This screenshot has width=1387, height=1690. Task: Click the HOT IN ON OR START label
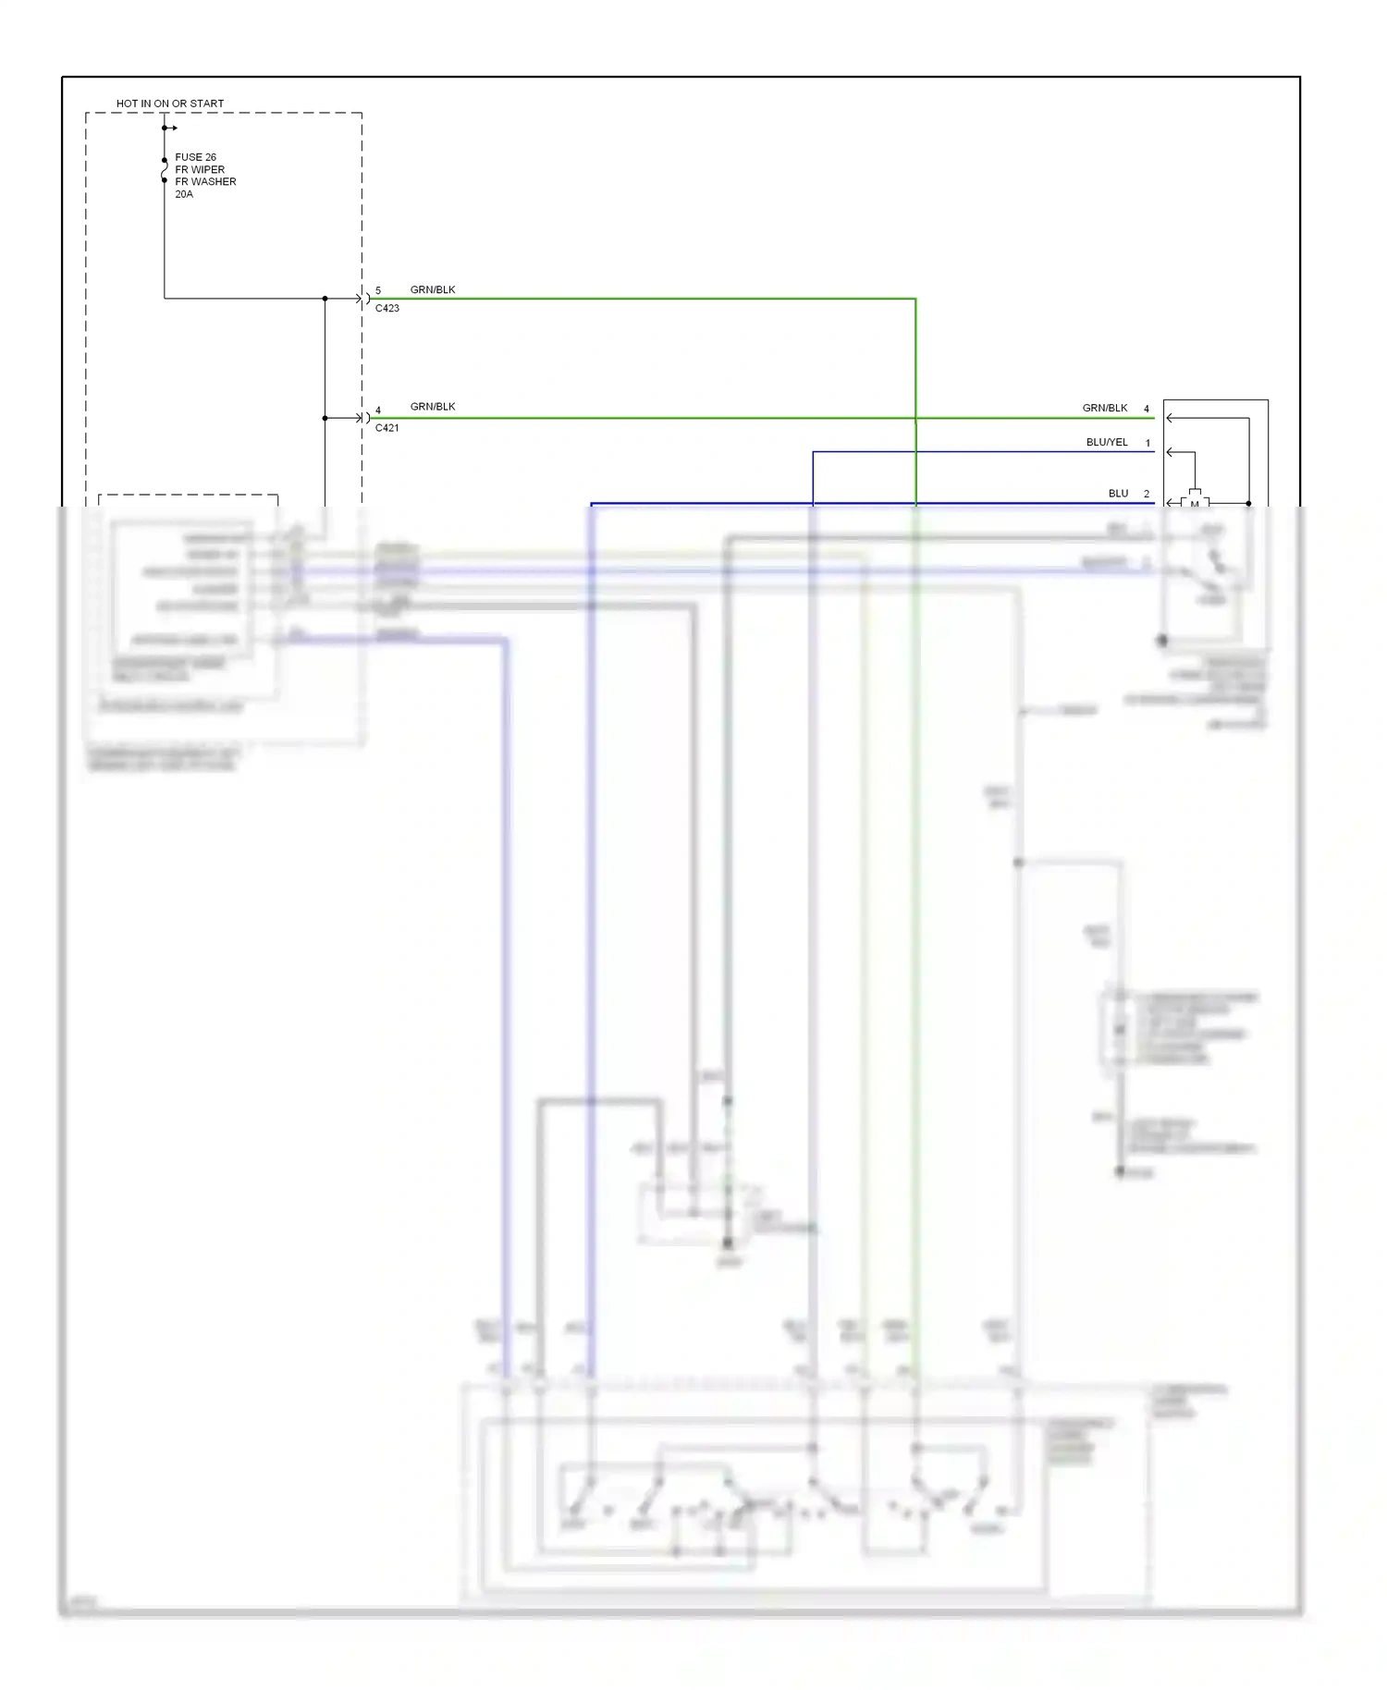point(170,104)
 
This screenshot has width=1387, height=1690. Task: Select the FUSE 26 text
point(195,157)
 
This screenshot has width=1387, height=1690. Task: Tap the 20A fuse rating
point(184,194)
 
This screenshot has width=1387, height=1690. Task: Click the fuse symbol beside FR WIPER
point(165,171)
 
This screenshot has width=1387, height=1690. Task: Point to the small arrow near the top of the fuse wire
point(172,128)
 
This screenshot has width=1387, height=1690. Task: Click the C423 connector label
point(387,309)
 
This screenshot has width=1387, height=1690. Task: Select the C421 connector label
point(387,428)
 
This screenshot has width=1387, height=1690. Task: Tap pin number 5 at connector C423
point(378,290)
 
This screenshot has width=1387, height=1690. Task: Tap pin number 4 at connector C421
point(378,410)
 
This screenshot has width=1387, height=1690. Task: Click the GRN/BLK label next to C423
point(433,289)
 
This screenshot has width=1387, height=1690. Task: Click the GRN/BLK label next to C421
point(433,407)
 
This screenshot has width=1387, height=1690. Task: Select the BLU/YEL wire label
point(1107,443)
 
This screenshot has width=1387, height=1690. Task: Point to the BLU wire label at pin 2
point(1118,494)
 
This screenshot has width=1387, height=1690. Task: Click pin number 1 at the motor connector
point(1148,443)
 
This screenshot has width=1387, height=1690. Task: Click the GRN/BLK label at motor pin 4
point(1105,408)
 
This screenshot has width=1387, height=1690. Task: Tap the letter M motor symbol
point(1195,503)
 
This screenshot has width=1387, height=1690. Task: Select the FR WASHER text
point(205,182)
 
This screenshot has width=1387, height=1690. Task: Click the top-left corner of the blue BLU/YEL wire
point(814,452)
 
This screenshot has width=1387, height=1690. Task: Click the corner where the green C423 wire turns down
point(915,299)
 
